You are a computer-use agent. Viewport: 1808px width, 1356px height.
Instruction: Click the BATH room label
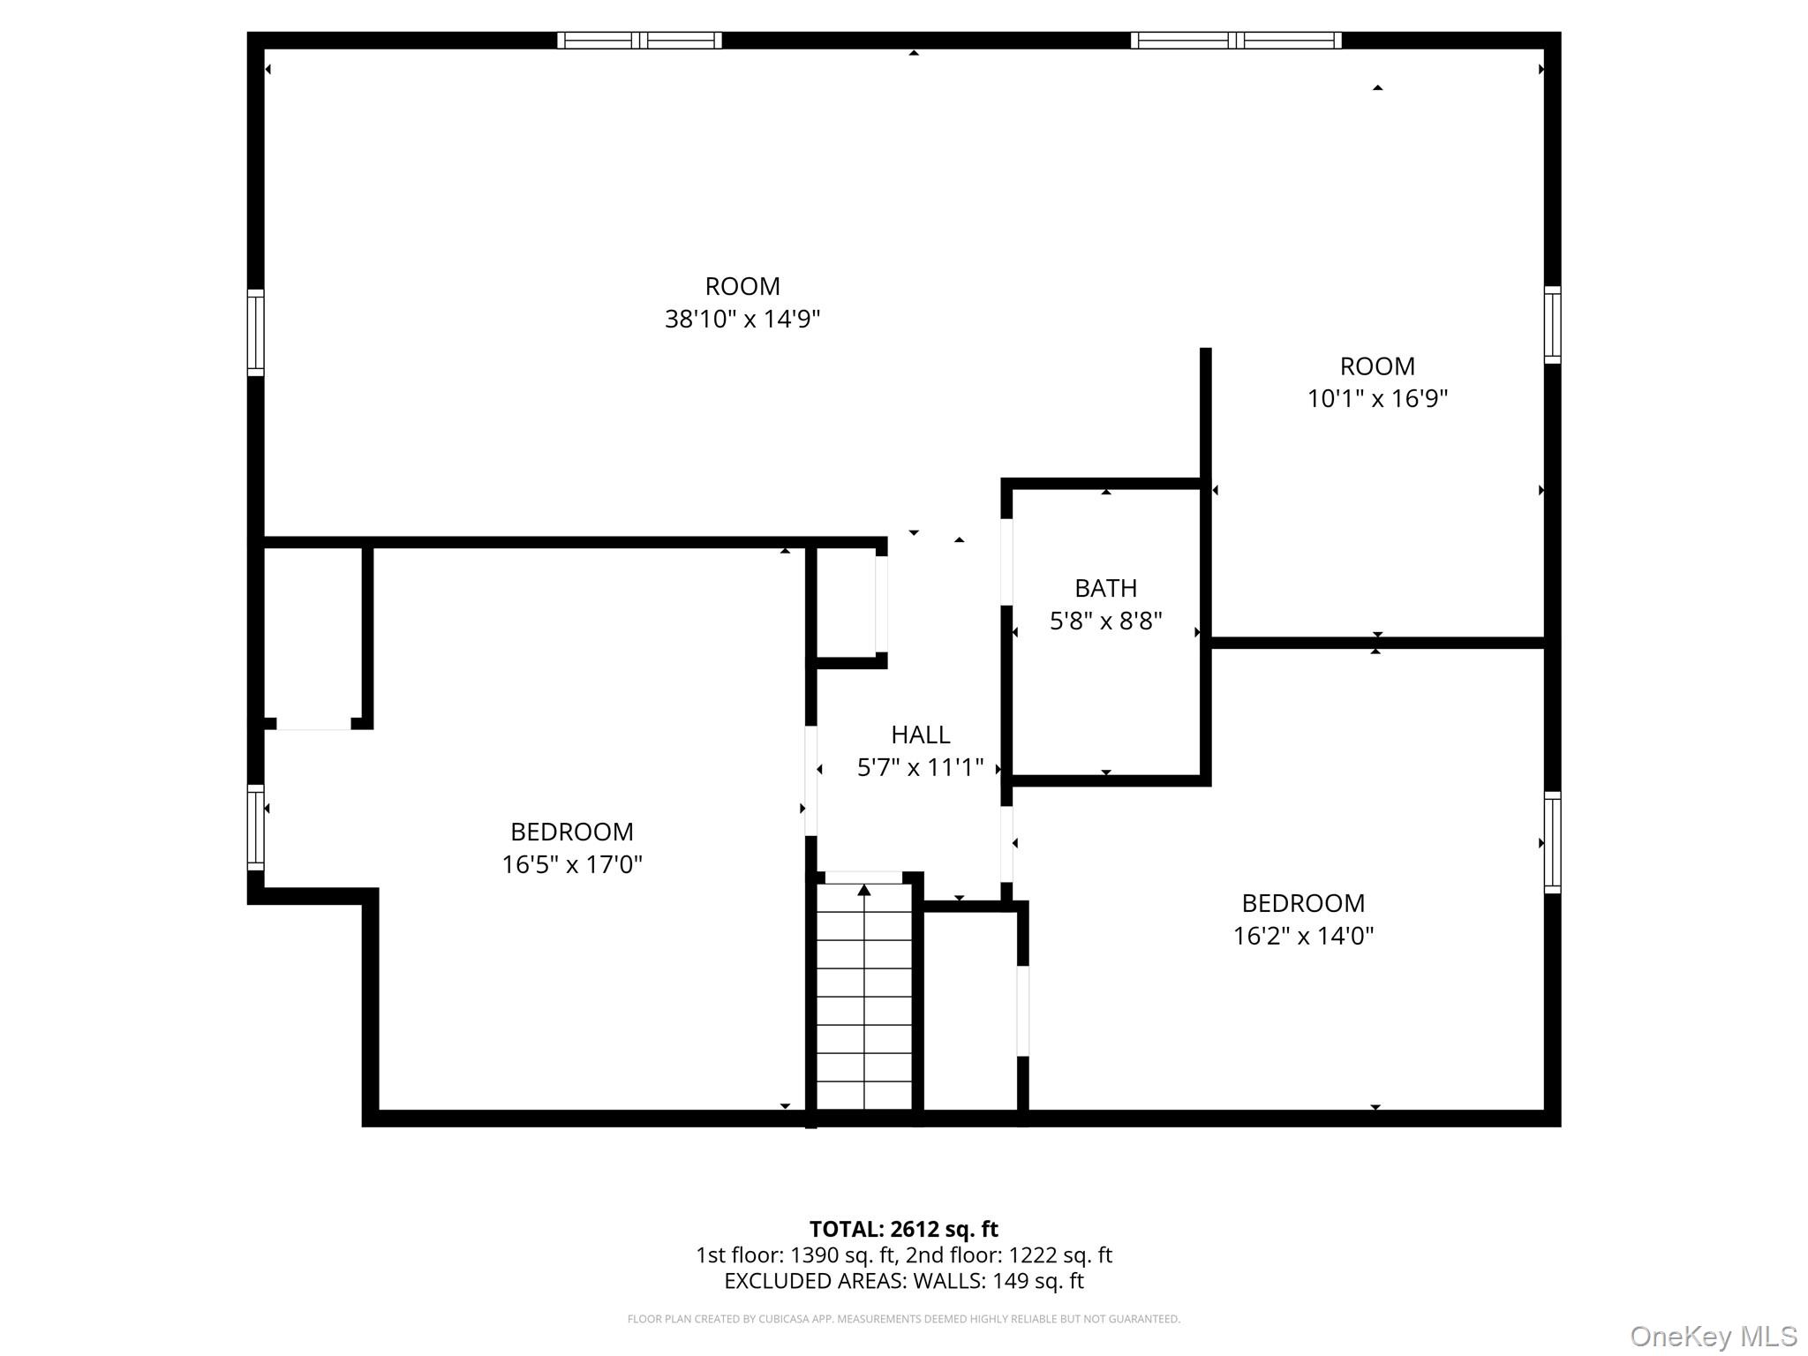[1105, 588]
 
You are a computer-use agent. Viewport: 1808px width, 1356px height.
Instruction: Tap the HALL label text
[920, 734]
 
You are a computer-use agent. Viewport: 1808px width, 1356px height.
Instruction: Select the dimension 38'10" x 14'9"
[742, 319]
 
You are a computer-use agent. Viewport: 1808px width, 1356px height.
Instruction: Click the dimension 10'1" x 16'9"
[1377, 399]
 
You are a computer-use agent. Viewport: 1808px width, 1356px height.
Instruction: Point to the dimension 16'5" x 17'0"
[572, 864]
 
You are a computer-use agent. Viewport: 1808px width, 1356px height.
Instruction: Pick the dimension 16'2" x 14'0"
[1303, 936]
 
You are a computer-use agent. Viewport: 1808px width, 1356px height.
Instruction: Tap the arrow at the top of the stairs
[864, 890]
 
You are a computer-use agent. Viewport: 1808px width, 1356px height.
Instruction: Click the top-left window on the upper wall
[640, 40]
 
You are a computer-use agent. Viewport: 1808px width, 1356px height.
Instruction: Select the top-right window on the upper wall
[1236, 40]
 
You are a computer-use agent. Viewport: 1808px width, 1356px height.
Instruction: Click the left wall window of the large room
[255, 332]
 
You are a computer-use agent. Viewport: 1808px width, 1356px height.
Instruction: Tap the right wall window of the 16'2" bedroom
[1552, 842]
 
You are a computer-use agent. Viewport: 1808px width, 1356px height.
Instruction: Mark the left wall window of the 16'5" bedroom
[255, 827]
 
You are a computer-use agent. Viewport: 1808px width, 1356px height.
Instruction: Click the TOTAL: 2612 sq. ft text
[903, 1229]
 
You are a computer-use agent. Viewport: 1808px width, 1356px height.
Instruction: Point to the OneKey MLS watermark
[1713, 1336]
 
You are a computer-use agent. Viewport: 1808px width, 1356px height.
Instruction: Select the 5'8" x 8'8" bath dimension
[1105, 621]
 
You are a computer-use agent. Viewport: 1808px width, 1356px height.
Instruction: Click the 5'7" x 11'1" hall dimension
[920, 767]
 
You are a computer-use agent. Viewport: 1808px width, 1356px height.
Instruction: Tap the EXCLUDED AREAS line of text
[903, 1281]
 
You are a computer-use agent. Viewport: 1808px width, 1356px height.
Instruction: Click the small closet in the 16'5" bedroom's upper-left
[313, 634]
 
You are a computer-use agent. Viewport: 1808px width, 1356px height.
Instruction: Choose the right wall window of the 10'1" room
[1552, 324]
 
